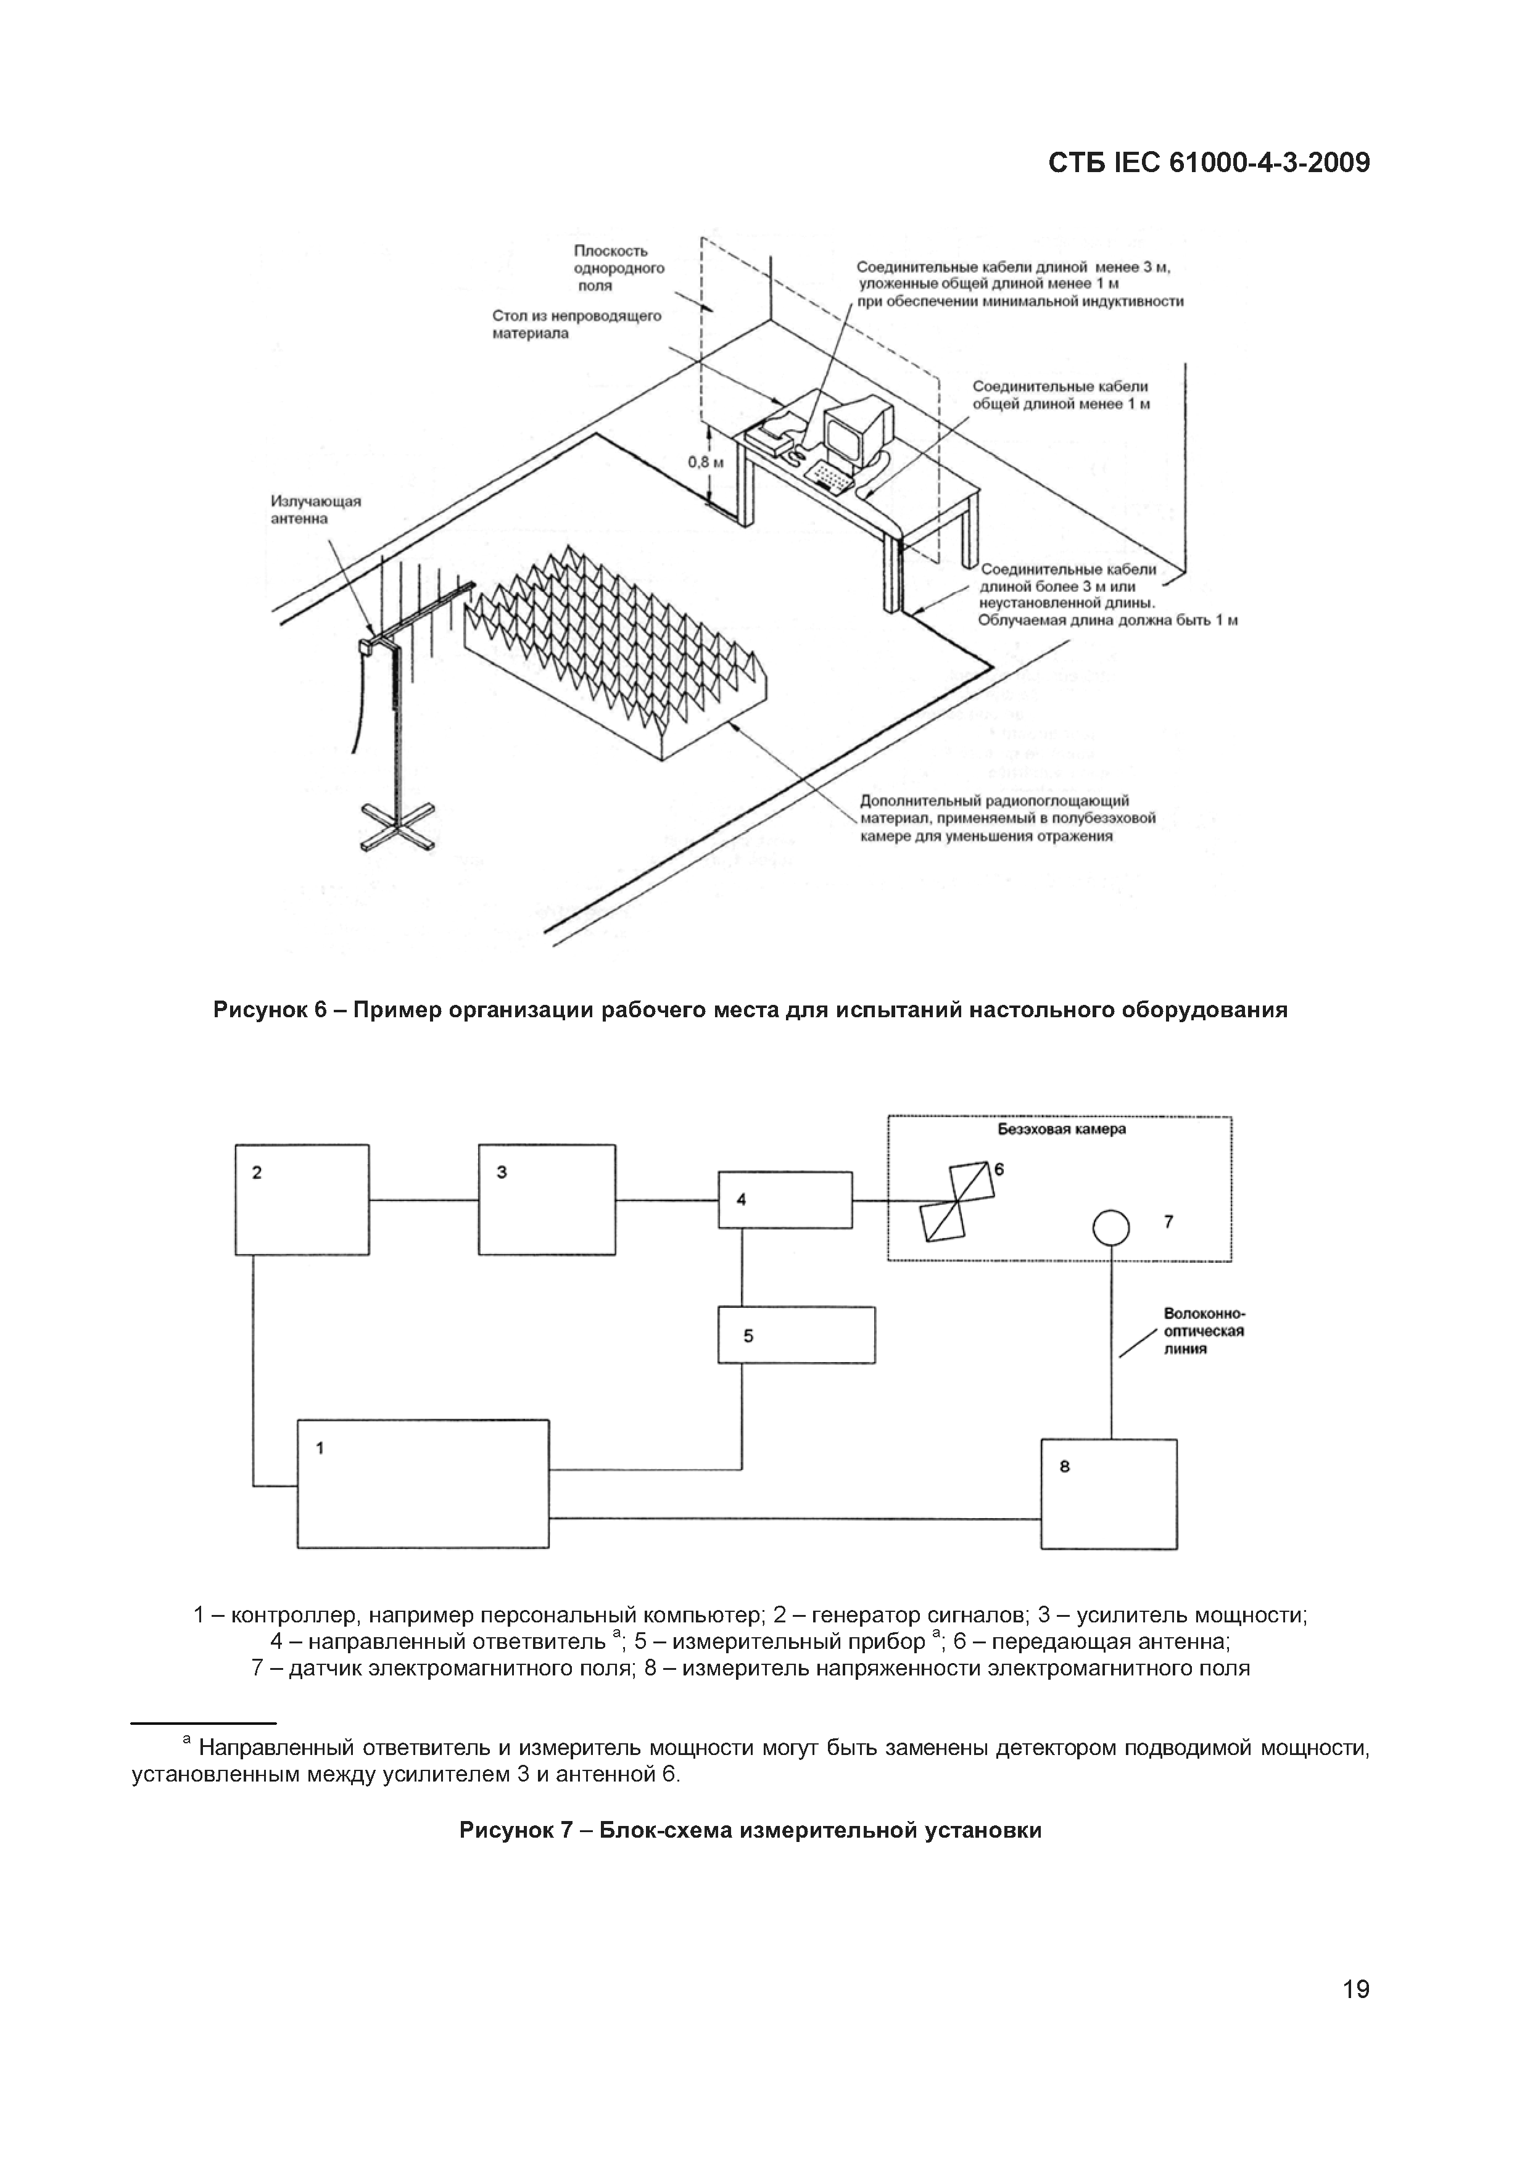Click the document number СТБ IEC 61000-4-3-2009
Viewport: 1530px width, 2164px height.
point(1209,163)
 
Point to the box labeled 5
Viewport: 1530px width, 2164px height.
point(796,1334)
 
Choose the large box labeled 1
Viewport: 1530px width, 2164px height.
point(423,1484)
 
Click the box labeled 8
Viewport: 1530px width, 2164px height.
point(1109,1494)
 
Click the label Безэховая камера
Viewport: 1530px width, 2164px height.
point(1062,1128)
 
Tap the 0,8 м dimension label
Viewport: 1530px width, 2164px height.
point(706,462)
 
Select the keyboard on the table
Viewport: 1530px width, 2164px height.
point(832,476)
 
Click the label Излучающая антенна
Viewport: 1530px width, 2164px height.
point(316,510)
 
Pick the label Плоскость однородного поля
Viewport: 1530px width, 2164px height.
point(618,268)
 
